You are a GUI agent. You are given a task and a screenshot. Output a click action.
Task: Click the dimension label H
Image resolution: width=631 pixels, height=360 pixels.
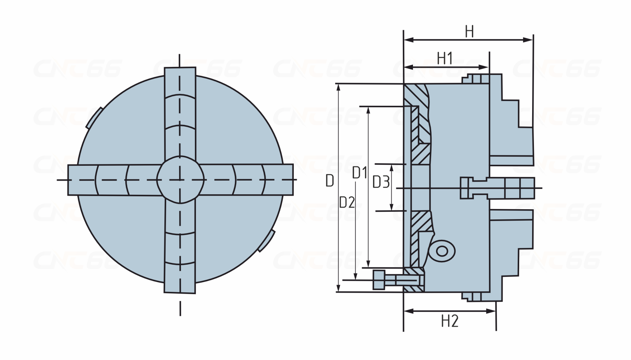pos(469,32)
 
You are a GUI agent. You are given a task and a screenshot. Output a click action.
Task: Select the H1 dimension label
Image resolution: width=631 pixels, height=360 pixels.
pos(445,58)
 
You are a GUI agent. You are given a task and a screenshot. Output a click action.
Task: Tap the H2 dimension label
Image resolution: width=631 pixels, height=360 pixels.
pos(450,321)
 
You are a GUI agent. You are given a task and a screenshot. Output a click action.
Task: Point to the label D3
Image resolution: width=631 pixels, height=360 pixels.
pos(381,182)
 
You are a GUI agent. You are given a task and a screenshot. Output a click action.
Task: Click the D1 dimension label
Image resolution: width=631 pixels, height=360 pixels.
pos(360,173)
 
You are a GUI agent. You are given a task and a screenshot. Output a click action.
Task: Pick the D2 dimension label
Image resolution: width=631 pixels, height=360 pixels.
pos(347,202)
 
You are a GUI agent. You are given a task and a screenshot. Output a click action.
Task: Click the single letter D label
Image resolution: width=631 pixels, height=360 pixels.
pos(330,181)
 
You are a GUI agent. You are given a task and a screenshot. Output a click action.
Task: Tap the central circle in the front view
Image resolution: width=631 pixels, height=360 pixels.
pos(180,180)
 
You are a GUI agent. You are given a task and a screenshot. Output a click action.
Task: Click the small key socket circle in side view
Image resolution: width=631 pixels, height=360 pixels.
pos(443,251)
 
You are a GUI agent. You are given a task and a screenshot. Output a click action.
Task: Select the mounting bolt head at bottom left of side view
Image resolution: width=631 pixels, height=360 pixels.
pos(379,280)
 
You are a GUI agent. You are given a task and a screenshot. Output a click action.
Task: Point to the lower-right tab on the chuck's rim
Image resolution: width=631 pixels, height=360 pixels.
pos(266,241)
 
